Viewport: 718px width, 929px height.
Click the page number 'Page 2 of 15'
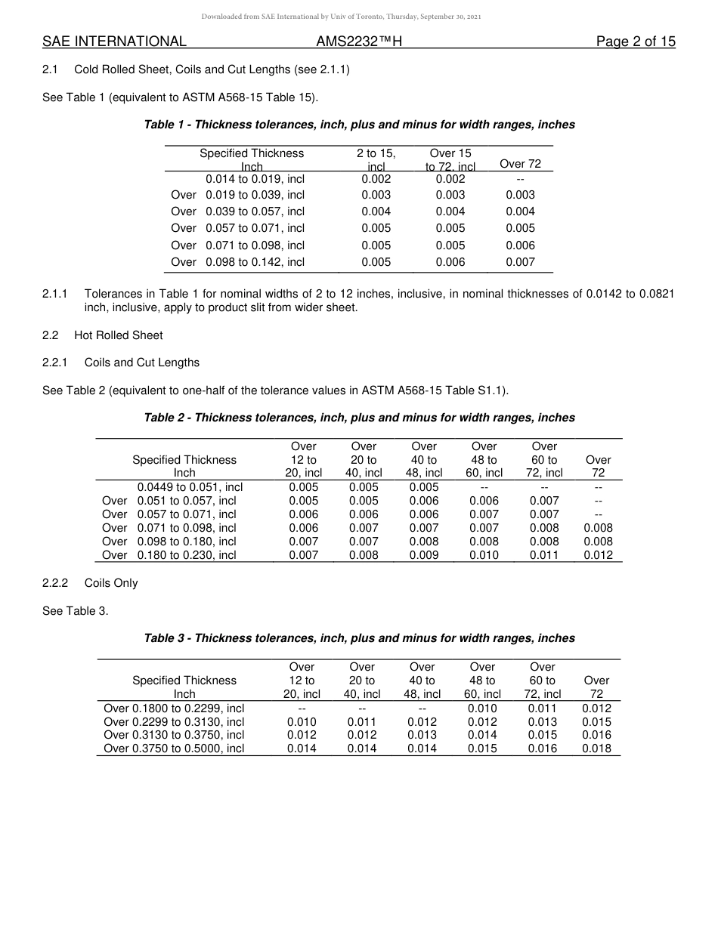636,42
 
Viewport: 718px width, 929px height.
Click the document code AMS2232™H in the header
359,42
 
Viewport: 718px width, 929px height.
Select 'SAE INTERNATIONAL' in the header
114,42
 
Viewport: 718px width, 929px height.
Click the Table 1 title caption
359,125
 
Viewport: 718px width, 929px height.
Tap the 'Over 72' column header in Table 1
520,164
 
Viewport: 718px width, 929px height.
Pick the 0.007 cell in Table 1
520,262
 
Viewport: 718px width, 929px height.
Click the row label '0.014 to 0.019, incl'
255,179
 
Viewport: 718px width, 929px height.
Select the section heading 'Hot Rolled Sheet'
118,335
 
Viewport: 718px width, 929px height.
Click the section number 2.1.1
55,293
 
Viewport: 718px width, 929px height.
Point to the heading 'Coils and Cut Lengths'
141,363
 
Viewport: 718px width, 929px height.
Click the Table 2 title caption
359,418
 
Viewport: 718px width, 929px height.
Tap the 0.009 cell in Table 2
424,555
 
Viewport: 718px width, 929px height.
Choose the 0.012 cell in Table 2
598,555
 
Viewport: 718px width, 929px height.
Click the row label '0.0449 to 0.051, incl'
190,487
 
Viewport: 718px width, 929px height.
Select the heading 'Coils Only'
111,583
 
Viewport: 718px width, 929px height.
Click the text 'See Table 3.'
76,611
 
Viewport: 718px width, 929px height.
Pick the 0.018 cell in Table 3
596,748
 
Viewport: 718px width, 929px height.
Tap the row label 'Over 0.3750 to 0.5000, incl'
174,748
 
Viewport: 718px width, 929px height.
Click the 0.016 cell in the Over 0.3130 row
596,735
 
